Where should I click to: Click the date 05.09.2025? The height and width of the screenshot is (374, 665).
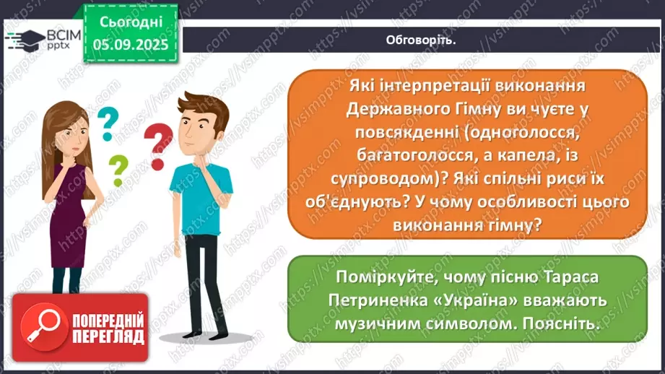[130, 45]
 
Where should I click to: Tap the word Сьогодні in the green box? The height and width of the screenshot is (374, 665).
[130, 22]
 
